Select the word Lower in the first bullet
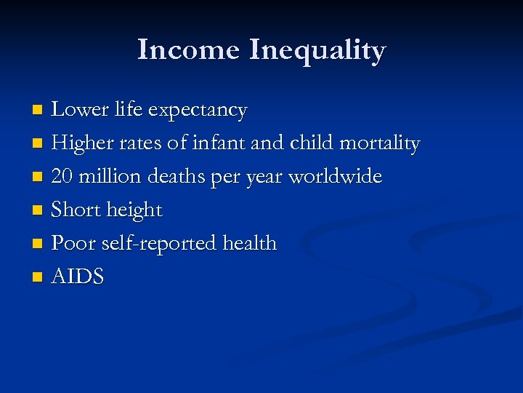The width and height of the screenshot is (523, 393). pyautogui.click(x=76, y=110)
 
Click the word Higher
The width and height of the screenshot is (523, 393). pyautogui.click(x=79, y=144)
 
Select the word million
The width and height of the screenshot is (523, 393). pyautogui.click(x=110, y=177)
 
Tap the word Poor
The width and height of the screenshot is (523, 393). pyautogui.click(x=73, y=243)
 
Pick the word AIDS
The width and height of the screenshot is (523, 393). pyautogui.click(x=78, y=277)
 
